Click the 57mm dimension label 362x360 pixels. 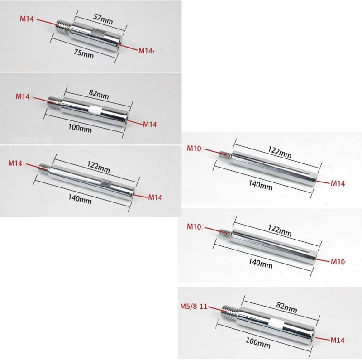point(103,19)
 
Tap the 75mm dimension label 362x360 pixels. point(84,54)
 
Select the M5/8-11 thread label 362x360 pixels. point(194,307)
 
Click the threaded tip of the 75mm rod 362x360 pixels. point(62,25)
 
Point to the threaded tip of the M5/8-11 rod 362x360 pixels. point(230,311)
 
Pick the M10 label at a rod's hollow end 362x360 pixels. point(338,262)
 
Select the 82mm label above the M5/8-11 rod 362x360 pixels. point(286,307)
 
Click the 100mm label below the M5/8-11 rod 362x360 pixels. point(257,343)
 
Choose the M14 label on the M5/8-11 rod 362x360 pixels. point(338,340)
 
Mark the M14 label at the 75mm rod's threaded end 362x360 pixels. point(27,19)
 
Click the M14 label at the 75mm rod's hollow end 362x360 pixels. point(146,51)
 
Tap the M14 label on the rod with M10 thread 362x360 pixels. point(338,183)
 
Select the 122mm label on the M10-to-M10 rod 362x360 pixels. point(280,230)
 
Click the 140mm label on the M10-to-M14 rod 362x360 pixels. point(261,185)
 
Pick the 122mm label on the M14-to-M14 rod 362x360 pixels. point(98,167)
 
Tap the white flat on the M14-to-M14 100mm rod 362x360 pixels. point(95,110)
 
